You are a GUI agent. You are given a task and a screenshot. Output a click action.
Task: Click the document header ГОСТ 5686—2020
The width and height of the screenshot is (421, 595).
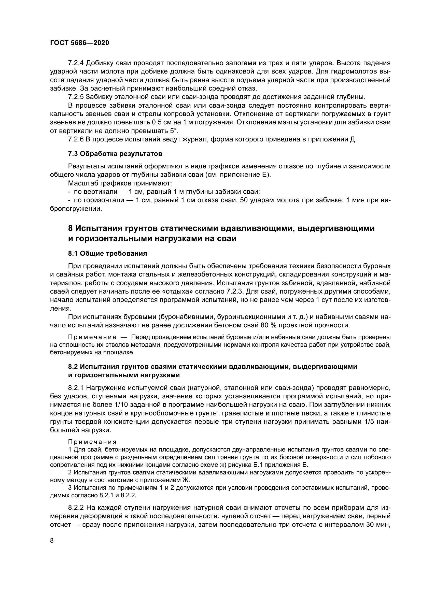(x=79, y=43)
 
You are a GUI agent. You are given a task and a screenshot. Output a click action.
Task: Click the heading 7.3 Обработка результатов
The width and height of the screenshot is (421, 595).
(x=115, y=154)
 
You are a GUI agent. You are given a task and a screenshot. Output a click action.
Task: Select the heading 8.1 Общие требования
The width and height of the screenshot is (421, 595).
(x=107, y=253)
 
